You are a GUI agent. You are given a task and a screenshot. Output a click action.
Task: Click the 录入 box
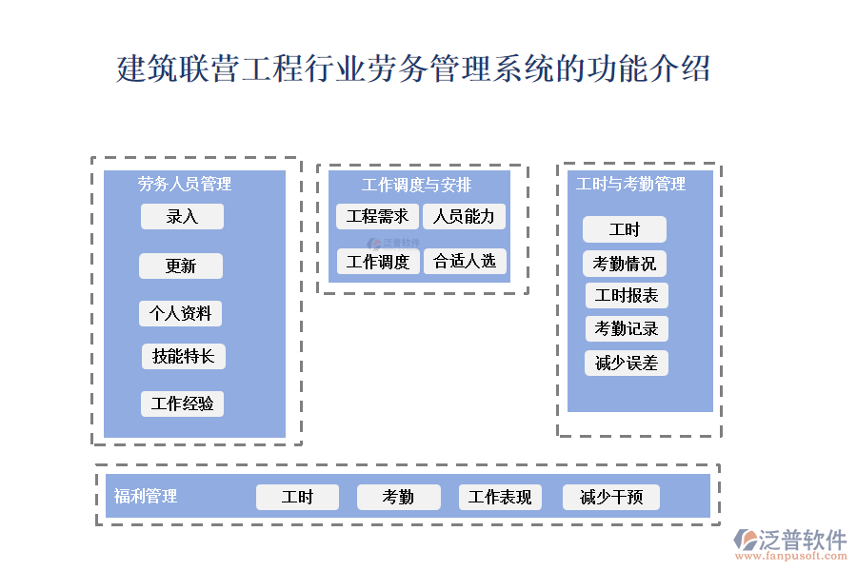(x=182, y=217)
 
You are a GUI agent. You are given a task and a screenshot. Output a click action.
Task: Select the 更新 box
(x=181, y=266)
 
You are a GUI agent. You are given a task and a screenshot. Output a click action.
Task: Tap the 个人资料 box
(x=181, y=313)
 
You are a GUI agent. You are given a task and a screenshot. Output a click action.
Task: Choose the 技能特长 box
(x=184, y=357)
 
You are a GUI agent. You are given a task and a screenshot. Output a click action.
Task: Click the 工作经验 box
(x=182, y=404)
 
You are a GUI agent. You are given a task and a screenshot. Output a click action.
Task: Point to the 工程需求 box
(x=377, y=217)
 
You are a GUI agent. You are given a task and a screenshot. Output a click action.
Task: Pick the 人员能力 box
(x=464, y=217)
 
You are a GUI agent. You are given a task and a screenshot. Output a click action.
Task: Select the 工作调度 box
(x=377, y=262)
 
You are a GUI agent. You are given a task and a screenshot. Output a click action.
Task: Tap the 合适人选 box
(x=465, y=262)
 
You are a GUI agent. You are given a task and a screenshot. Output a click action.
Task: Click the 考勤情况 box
(x=625, y=264)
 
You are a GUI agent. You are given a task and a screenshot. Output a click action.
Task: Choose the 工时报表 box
(x=627, y=296)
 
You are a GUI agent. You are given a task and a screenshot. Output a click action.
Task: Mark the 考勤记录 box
(x=627, y=329)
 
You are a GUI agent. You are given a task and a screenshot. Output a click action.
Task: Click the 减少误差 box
(x=627, y=363)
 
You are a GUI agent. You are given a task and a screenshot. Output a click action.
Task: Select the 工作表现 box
(x=500, y=497)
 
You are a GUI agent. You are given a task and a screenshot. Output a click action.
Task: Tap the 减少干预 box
(x=611, y=497)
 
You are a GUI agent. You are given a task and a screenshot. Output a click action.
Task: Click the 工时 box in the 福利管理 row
(x=297, y=497)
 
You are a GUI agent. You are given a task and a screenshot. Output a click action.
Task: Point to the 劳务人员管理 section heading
(x=185, y=184)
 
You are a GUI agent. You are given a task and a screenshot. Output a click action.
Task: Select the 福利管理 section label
(x=146, y=496)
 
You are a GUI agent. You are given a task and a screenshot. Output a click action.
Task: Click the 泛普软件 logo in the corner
(x=789, y=543)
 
